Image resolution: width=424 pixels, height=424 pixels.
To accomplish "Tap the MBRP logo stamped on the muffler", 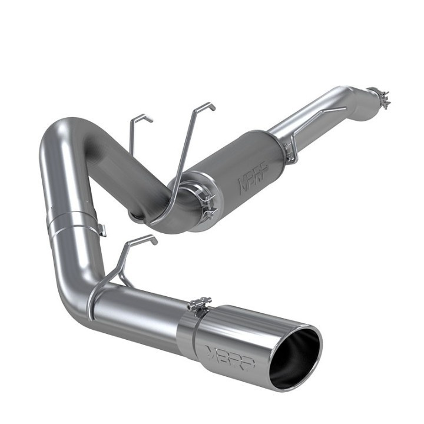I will click(251, 178).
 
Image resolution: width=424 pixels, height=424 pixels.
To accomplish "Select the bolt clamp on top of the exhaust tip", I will click(200, 306).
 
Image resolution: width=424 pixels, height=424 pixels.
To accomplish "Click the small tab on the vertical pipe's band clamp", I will click(102, 230).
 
